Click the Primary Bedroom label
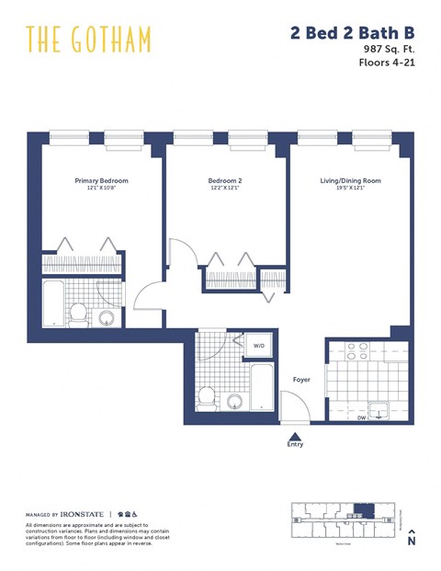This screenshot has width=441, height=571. pos(101,181)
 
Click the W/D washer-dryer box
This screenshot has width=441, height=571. pos(260,346)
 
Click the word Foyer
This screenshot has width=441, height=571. pos(300,379)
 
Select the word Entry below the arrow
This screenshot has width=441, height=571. pos(294,448)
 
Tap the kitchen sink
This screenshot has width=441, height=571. pos(379,410)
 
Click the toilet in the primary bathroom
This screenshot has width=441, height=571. pos(79,314)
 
